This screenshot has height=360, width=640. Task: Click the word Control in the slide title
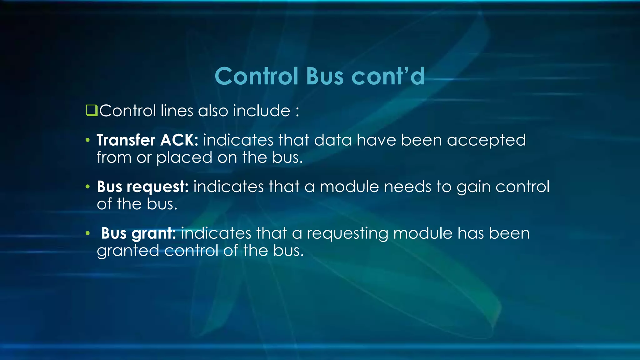256,76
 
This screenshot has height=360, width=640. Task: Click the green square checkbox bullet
92,111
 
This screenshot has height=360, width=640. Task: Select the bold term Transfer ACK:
147,140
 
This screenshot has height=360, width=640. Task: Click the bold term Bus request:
142,187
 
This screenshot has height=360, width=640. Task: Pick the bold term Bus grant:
138,233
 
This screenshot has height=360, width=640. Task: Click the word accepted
486,141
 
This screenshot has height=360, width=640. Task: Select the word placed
184,158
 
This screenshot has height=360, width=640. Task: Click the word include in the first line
262,111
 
